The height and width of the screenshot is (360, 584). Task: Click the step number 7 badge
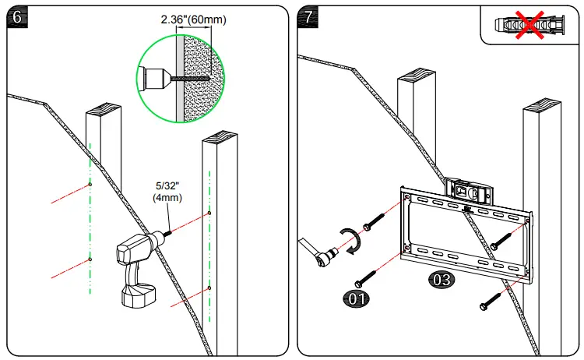(309, 16)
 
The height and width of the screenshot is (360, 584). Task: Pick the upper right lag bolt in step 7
(499, 241)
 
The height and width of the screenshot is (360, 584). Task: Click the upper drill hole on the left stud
(90, 185)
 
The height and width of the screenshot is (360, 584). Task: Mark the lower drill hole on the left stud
(90, 258)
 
